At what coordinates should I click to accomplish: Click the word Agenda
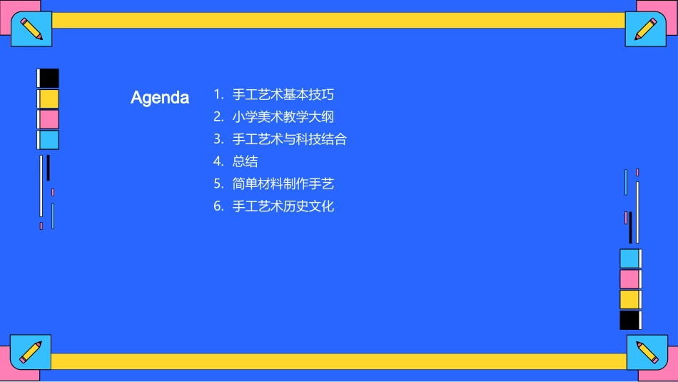click(x=160, y=98)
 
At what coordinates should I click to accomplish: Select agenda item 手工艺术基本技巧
click(x=283, y=94)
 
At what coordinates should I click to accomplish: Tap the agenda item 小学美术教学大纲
click(x=283, y=116)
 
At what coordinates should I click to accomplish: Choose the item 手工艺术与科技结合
click(x=290, y=139)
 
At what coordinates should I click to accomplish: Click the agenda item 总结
click(x=246, y=161)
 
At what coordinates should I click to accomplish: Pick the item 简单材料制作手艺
click(x=283, y=184)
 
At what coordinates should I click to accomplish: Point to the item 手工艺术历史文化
click(x=283, y=206)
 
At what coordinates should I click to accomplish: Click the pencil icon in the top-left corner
click(x=31, y=29)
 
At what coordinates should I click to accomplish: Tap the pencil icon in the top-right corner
click(x=646, y=29)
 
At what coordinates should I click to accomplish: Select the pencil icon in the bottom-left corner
click(x=31, y=352)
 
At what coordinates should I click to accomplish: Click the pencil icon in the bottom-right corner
click(x=647, y=353)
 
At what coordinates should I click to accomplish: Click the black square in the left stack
click(x=49, y=79)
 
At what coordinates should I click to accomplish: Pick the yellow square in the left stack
click(x=49, y=99)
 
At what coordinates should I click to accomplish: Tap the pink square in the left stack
click(x=49, y=119)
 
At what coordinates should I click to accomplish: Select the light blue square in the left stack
click(x=49, y=140)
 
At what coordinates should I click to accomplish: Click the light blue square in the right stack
click(x=629, y=258)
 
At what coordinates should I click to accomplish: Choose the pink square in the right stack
click(x=629, y=279)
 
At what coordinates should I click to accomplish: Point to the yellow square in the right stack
click(x=629, y=299)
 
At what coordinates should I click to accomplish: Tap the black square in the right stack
click(x=629, y=320)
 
